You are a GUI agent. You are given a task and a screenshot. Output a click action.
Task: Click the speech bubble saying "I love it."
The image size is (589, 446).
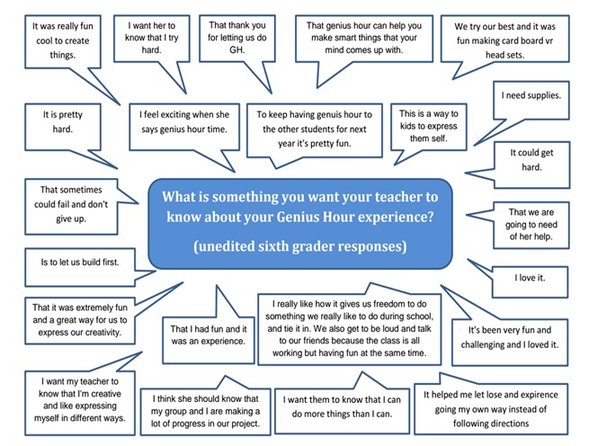(530, 281)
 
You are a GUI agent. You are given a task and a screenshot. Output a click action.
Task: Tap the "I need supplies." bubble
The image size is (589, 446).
(531, 101)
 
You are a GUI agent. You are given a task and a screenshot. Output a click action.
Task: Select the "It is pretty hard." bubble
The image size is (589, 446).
(63, 127)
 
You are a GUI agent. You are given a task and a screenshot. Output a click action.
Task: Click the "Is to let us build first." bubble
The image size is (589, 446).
(80, 268)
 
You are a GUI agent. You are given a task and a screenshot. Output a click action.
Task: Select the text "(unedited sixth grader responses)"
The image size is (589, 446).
(300, 246)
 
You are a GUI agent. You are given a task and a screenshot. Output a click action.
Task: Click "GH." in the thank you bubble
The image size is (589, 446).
(237, 49)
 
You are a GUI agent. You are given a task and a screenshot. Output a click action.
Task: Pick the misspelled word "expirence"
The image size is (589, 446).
(540, 395)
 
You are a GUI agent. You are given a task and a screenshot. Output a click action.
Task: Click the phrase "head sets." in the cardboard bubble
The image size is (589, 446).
(504, 55)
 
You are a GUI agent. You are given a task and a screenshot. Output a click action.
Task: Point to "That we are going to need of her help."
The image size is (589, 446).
(531, 224)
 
